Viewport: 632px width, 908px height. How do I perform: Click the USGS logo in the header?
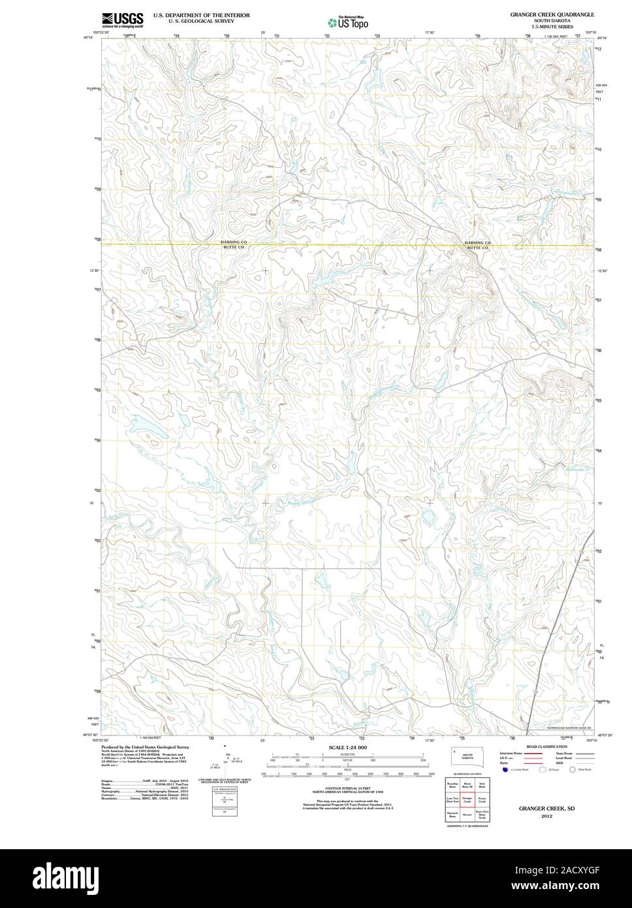coord(121,20)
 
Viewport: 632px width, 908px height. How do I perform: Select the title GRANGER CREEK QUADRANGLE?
coord(552,14)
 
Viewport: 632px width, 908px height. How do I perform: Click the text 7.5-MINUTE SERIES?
coord(552,26)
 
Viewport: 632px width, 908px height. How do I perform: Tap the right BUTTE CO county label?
coord(477,248)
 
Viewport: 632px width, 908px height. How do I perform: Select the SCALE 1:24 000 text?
coord(347,747)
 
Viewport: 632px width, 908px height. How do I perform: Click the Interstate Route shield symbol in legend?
coord(505,770)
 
